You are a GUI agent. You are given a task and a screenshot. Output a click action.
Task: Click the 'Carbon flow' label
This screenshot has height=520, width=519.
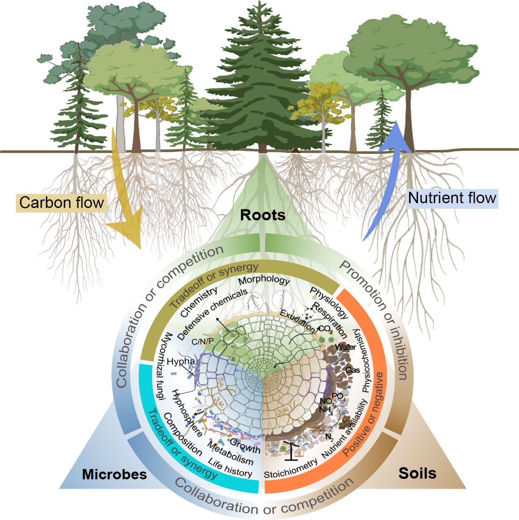pyautogui.click(x=61, y=202)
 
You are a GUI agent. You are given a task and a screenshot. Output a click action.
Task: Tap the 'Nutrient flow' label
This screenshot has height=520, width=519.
pyautogui.click(x=452, y=198)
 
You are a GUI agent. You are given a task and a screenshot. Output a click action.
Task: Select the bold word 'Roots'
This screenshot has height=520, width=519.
pyautogui.click(x=263, y=215)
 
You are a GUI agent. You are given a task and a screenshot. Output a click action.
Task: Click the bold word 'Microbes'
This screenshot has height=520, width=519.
pyautogui.click(x=115, y=474)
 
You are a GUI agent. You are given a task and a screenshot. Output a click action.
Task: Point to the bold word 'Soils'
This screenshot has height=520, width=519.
pyautogui.click(x=417, y=473)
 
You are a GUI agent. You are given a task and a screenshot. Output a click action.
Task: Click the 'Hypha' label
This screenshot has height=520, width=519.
pyautogui.click(x=180, y=361)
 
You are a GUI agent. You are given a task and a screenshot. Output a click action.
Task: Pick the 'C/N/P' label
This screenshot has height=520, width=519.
pyautogui.click(x=202, y=341)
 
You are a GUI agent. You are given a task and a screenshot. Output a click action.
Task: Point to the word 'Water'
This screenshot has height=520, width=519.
pyautogui.click(x=346, y=347)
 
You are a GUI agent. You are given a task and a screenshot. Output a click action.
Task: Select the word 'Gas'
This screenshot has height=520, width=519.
pyautogui.click(x=353, y=370)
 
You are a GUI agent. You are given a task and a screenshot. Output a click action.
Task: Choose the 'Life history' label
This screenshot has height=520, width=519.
pyautogui.click(x=230, y=468)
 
